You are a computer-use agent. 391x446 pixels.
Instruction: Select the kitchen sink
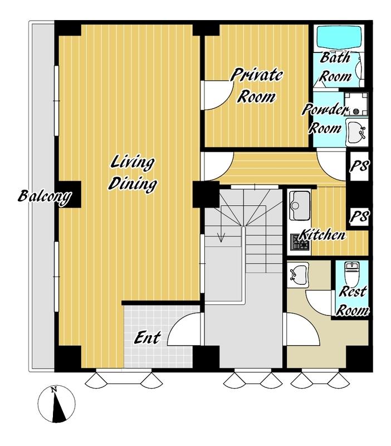click(300, 205)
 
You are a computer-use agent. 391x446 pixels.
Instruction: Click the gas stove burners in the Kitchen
click(300, 242)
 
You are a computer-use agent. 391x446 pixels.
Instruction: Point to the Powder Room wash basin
click(356, 133)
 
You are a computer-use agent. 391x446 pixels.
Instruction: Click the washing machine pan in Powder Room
click(356, 104)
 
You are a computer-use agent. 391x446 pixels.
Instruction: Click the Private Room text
click(256, 85)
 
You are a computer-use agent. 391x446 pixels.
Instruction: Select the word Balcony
click(45, 197)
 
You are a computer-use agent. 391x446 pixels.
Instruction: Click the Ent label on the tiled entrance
click(147, 338)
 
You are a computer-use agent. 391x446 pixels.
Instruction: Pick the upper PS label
click(359, 166)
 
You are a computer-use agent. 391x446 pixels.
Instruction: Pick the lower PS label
click(359, 216)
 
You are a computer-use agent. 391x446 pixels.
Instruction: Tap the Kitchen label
click(323, 235)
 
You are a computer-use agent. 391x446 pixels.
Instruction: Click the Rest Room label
click(353, 302)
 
